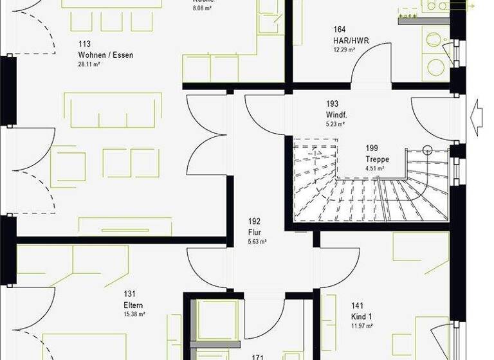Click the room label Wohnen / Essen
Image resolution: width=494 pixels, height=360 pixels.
click(x=105, y=55)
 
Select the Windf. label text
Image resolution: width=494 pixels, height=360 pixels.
click(x=336, y=114)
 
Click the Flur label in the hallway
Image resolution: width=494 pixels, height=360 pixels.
click(x=253, y=231)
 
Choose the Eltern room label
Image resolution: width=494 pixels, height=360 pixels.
click(x=134, y=305)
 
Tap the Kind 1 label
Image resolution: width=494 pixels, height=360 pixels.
click(x=362, y=317)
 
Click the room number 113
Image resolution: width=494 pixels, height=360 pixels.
click(x=84, y=45)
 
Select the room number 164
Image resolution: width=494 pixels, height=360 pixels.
click(x=340, y=29)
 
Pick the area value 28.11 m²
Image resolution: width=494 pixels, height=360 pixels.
click(x=90, y=65)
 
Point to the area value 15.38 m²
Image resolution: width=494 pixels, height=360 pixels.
click(x=134, y=314)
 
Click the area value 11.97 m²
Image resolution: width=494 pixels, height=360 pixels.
click(x=362, y=326)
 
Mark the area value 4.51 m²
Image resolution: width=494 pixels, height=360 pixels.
click(x=375, y=168)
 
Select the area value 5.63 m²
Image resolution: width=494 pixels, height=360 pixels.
click(x=256, y=242)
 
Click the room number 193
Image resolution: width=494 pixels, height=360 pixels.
click(x=332, y=104)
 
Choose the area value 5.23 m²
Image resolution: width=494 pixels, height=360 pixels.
click(x=336, y=124)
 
